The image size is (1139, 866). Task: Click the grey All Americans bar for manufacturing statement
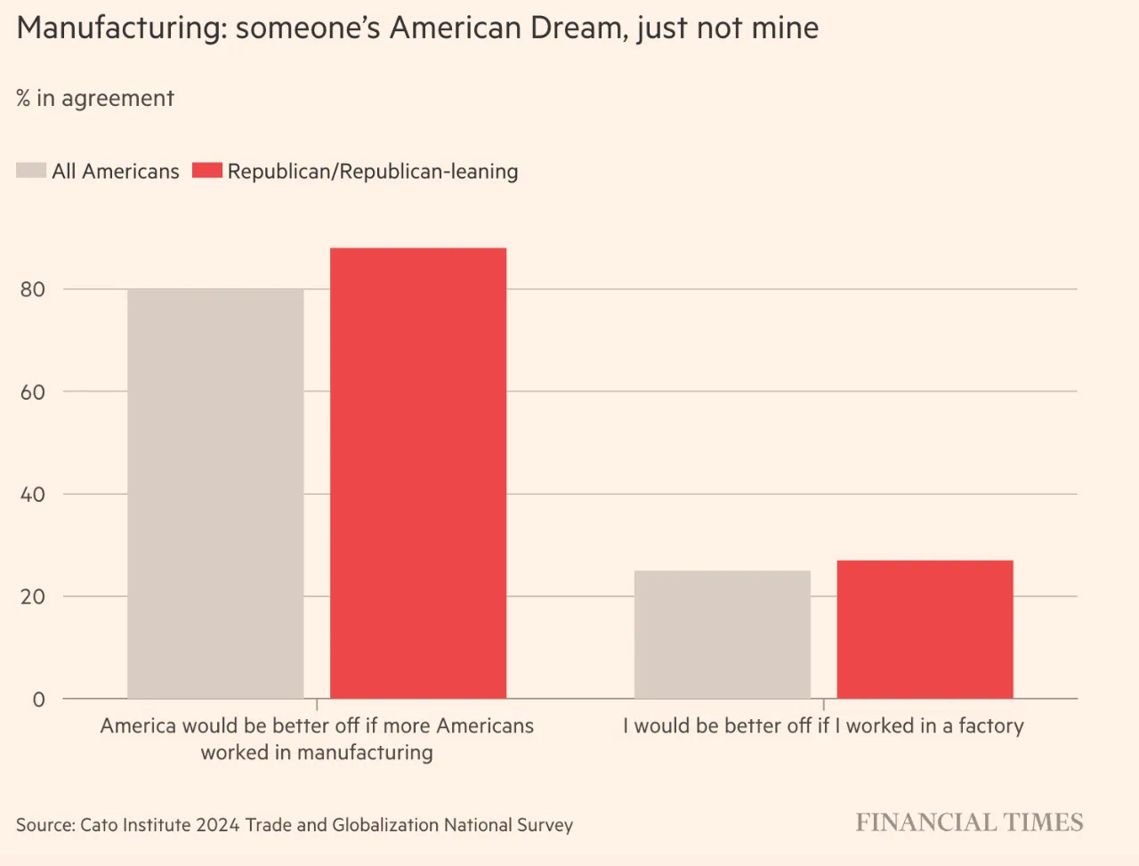215,494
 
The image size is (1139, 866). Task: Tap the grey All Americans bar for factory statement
723,635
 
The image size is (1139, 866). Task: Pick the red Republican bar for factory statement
925,629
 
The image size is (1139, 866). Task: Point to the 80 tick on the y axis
33,289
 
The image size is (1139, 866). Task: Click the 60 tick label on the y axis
33,392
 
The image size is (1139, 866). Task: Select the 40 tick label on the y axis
33,494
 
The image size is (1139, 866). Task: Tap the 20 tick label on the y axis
33,596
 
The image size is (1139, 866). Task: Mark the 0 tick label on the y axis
38,700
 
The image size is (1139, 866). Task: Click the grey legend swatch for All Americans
31,170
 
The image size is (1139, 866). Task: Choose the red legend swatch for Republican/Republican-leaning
207,170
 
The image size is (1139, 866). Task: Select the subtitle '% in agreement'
95,98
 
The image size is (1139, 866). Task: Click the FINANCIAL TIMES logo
969,822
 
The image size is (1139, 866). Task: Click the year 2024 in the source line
218,825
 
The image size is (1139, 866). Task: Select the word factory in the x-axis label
990,726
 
